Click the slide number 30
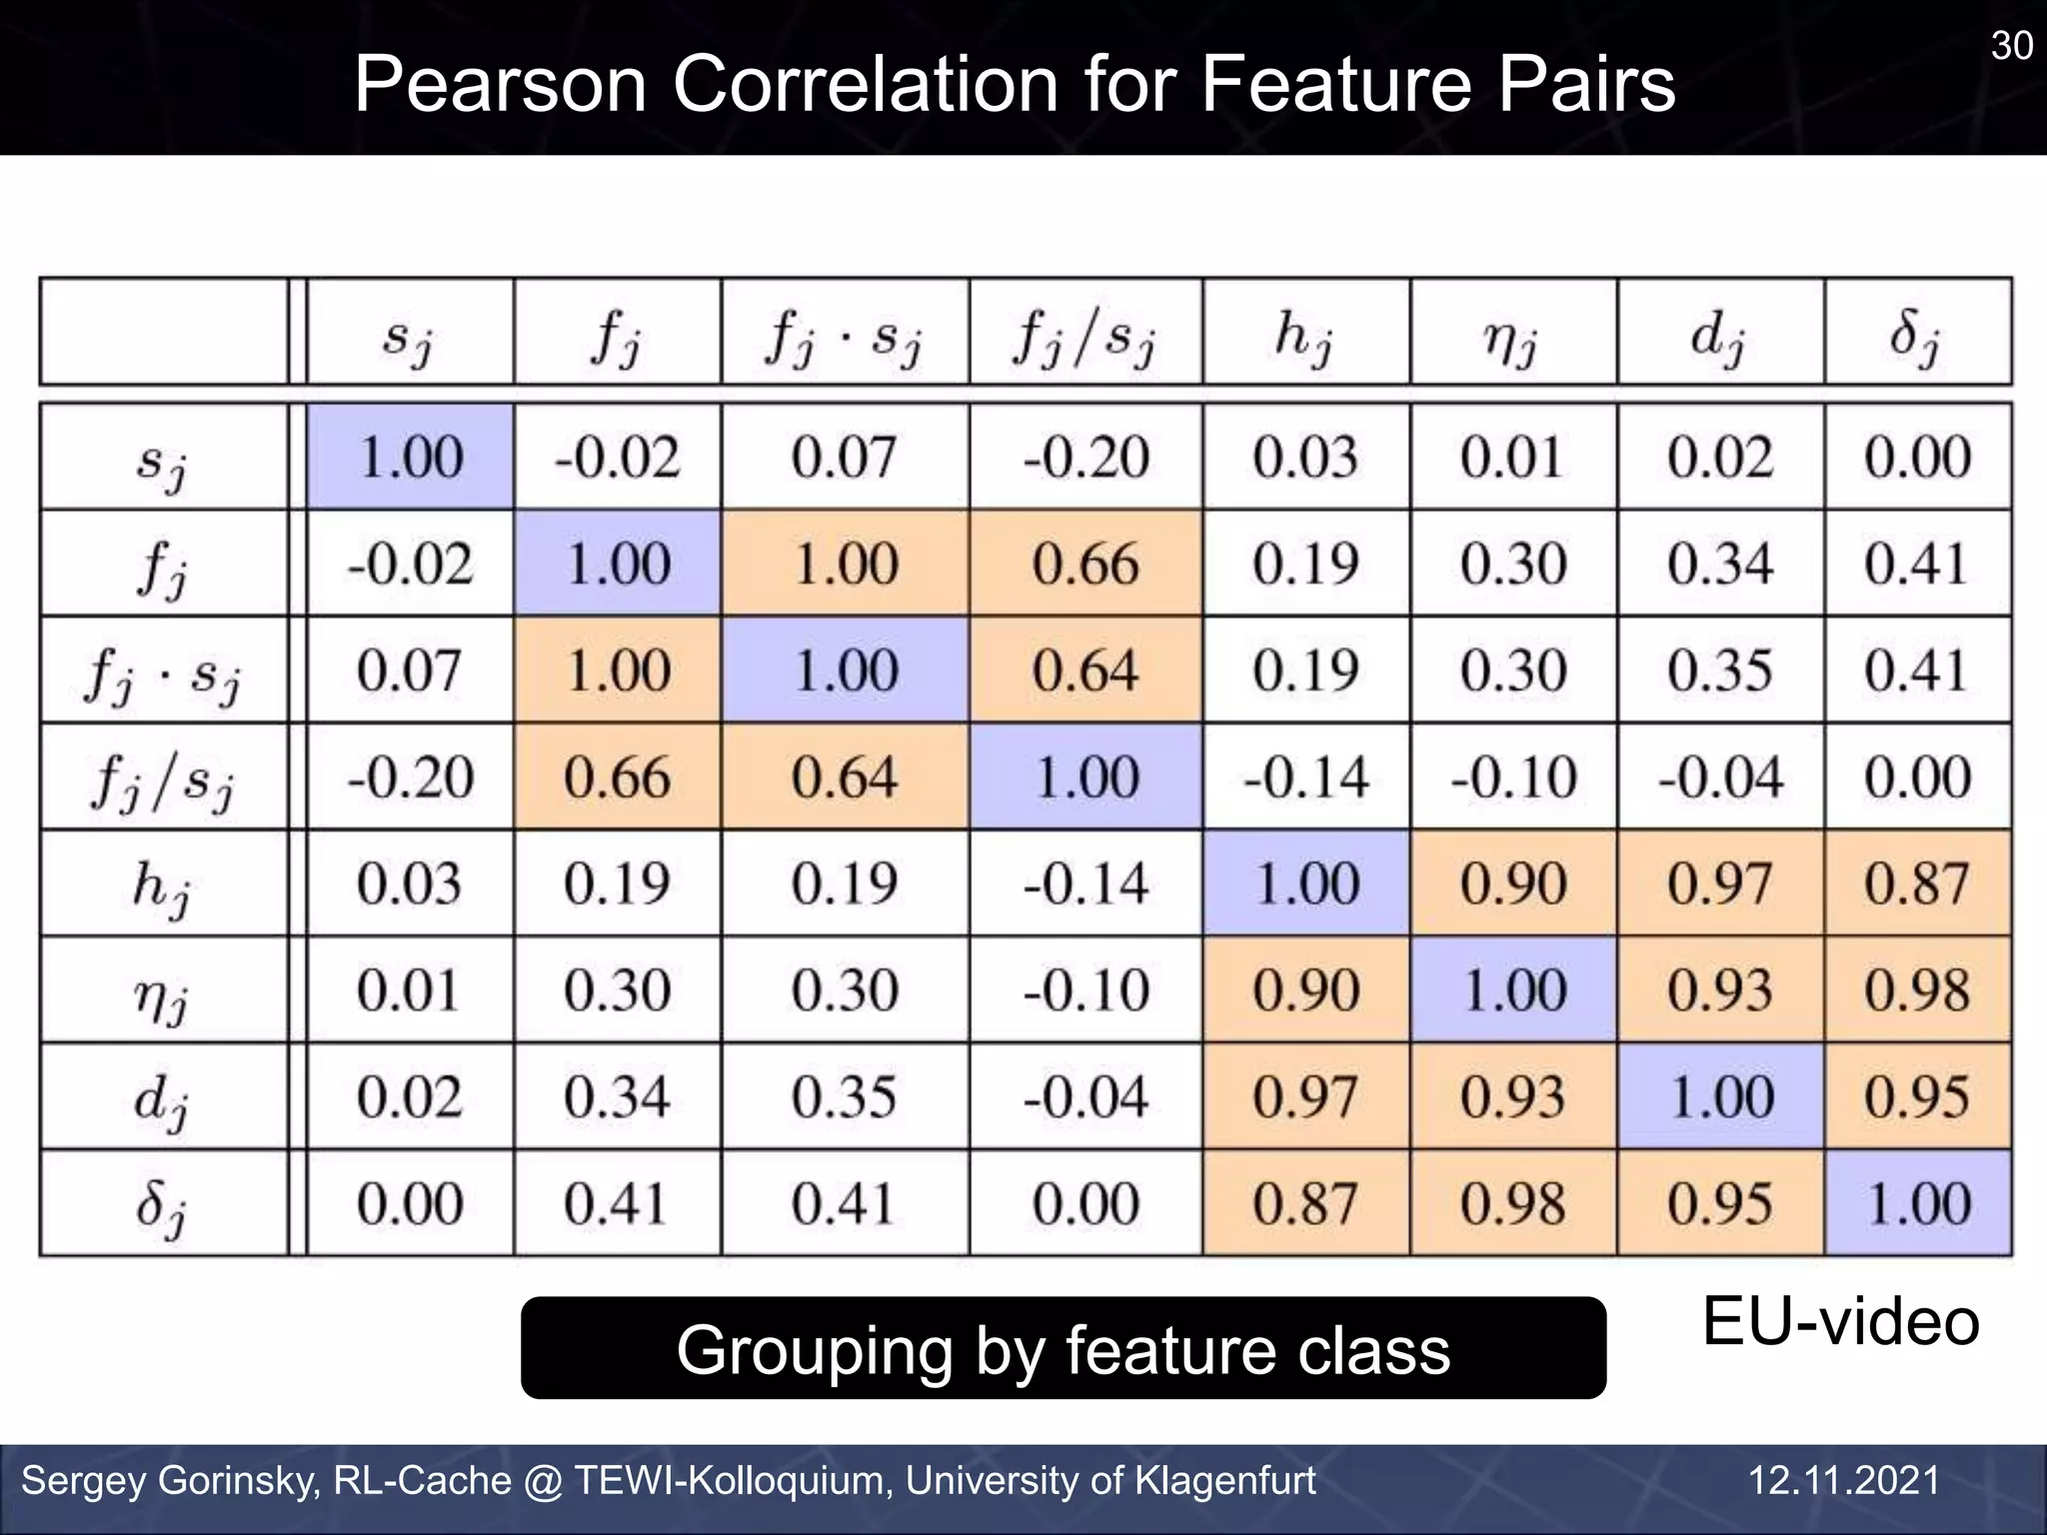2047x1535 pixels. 2011,46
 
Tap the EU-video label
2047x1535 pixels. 1840,1321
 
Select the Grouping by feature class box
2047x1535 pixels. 1062,1349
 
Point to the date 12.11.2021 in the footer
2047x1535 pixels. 1844,1480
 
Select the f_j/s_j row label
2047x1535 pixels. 163,778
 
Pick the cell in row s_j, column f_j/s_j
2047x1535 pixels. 1085,458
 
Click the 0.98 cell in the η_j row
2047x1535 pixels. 1916,990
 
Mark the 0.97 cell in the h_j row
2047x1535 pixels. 1719,883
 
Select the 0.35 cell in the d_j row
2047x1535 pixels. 845,1097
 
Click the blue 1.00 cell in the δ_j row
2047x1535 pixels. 1917,1203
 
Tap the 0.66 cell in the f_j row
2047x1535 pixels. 1085,564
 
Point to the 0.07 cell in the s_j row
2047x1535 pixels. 845,458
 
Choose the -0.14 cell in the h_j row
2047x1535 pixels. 1085,883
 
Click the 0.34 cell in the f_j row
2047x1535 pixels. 1719,564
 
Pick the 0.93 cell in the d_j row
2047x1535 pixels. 1512,1097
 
